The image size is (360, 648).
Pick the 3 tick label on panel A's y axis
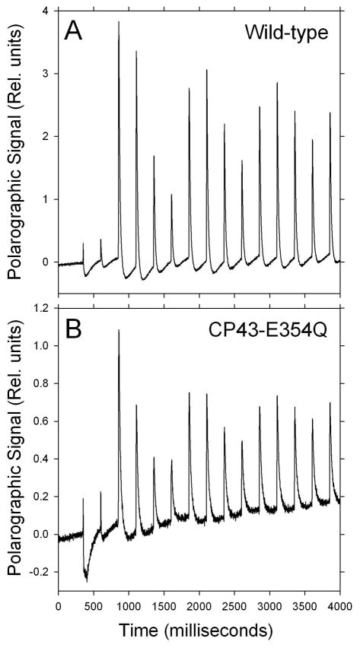(47, 74)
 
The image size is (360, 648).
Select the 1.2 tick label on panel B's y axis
(42, 308)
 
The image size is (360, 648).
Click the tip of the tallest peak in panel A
(119, 22)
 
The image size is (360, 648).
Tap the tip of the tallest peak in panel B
(119, 330)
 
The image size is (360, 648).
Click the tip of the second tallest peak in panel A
(136, 52)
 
